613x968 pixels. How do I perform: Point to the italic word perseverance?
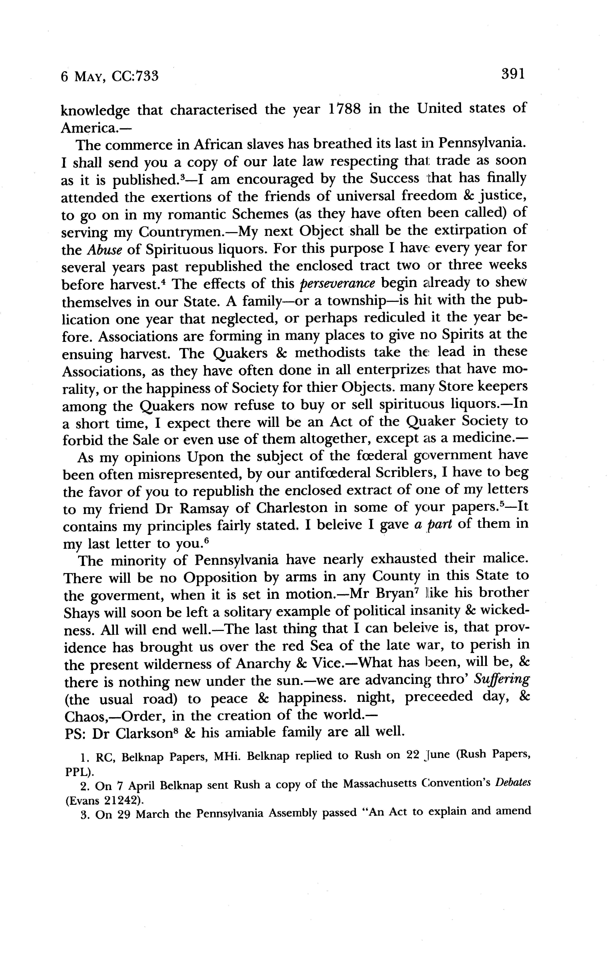[338, 284]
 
